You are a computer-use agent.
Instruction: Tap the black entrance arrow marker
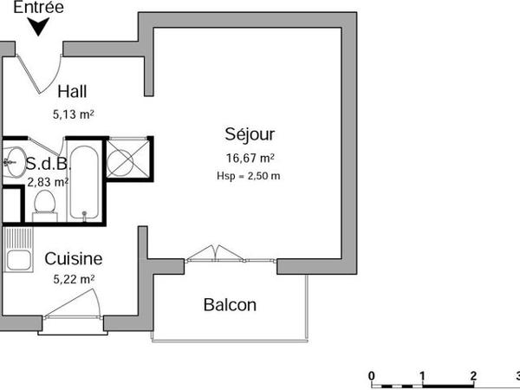click(x=39, y=27)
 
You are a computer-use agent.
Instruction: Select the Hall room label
click(x=72, y=91)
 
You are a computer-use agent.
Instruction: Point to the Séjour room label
click(x=250, y=135)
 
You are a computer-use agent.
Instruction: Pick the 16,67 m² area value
click(x=250, y=158)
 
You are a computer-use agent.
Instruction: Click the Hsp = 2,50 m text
click(x=250, y=175)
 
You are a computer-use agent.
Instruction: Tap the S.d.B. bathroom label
click(x=42, y=164)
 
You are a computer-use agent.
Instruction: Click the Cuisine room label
click(x=74, y=258)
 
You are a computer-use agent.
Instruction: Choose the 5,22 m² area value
click(x=74, y=279)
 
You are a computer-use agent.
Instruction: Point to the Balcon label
click(x=230, y=305)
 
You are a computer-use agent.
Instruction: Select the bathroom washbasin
click(x=13, y=160)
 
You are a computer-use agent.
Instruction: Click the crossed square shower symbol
click(x=127, y=160)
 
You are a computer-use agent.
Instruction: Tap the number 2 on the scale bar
click(x=473, y=375)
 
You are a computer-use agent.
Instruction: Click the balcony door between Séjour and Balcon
click(x=213, y=253)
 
